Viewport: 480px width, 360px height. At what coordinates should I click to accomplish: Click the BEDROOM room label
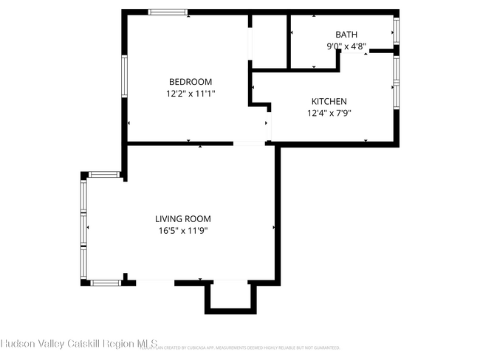click(x=191, y=82)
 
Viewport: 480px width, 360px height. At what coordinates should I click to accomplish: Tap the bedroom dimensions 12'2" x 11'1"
click(x=191, y=94)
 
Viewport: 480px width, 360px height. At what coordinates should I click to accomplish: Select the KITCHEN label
click(x=329, y=102)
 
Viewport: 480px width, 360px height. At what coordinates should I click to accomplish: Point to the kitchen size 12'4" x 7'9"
click(x=329, y=114)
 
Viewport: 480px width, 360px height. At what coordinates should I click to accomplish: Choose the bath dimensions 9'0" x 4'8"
click(x=346, y=46)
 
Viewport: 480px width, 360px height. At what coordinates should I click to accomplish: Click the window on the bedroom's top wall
click(x=168, y=13)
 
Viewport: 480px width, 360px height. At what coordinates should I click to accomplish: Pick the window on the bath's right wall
click(x=396, y=30)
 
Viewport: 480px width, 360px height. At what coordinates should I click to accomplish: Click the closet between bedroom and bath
click(x=270, y=41)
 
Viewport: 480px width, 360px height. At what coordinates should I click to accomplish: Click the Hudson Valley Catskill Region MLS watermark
click(x=74, y=344)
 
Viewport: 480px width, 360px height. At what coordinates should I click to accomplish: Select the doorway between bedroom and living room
click(x=249, y=143)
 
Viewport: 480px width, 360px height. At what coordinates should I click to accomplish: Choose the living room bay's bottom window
click(x=105, y=282)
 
